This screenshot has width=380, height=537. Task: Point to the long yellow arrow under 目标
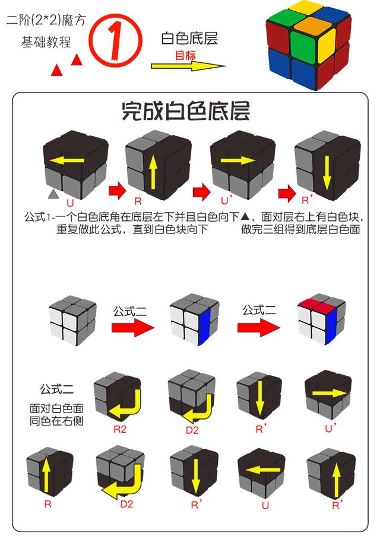point(189,66)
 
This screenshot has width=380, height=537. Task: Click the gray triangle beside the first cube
point(53,194)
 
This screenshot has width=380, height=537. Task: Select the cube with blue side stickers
point(193,320)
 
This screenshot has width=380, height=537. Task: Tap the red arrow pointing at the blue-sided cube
point(134,327)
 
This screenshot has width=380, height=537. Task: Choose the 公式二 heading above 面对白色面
point(57,389)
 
